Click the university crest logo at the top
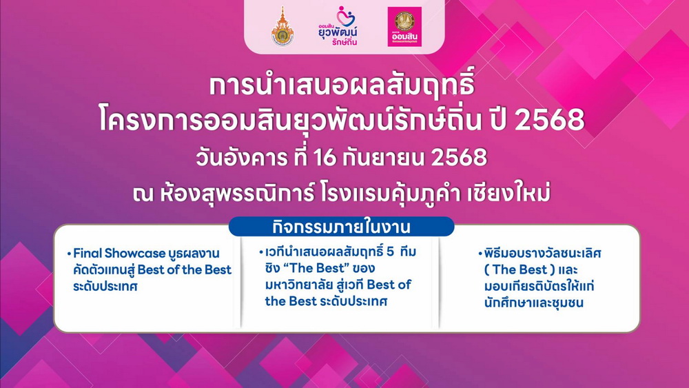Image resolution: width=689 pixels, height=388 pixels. pyautogui.click(x=282, y=26)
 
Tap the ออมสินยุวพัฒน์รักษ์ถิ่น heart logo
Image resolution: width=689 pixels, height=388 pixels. pyautogui.click(x=338, y=26)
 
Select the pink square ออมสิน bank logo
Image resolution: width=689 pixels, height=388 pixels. pyautogui.click(x=404, y=26)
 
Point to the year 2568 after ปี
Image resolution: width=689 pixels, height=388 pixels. pyautogui.click(x=549, y=120)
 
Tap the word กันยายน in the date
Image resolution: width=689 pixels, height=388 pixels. pyautogui.click(x=383, y=158)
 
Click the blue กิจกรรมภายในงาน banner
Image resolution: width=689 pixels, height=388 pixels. pyautogui.click(x=342, y=227)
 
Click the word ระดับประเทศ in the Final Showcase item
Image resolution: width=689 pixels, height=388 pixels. pyautogui.click(x=105, y=287)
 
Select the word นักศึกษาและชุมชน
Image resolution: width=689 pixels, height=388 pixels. pyautogui.click(x=534, y=303)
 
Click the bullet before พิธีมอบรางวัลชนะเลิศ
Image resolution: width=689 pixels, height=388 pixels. pyautogui.click(x=480, y=254)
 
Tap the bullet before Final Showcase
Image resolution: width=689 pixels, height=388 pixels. pyautogui.click(x=70, y=254)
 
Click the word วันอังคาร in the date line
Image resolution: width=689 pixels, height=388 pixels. pyautogui.click(x=241, y=158)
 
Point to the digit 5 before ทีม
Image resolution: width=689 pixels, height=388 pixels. pyautogui.click(x=391, y=252)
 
